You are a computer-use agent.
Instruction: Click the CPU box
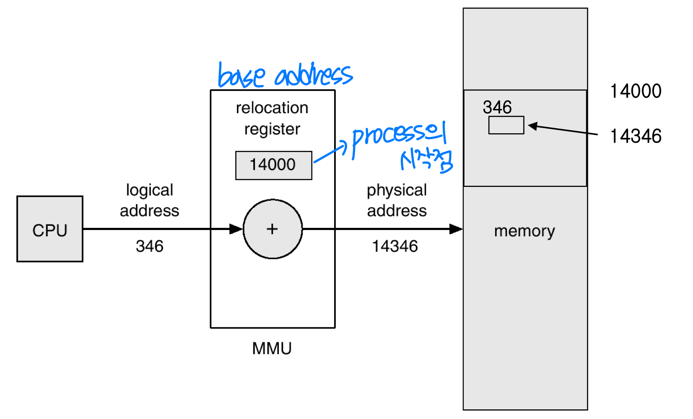click(x=50, y=229)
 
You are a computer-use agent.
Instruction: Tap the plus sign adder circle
click(x=273, y=229)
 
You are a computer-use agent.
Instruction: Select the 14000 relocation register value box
click(x=273, y=165)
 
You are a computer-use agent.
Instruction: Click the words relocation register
click(x=272, y=118)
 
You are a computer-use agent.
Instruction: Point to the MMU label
click(x=272, y=349)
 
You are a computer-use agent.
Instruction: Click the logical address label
click(x=149, y=200)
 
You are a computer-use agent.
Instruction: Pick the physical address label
click(x=397, y=200)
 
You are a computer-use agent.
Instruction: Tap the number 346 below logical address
click(x=149, y=246)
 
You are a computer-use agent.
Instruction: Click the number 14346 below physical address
click(x=395, y=246)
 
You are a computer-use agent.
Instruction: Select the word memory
click(x=524, y=231)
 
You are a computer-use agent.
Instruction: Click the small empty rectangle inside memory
click(x=506, y=125)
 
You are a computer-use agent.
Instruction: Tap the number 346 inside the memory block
click(x=497, y=107)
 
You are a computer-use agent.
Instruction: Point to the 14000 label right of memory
click(x=636, y=91)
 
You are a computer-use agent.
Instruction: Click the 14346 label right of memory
click(x=636, y=137)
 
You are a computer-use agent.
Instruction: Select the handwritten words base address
click(x=285, y=76)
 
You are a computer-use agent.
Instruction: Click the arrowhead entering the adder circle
click(x=236, y=229)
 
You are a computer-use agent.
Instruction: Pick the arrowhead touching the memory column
click(x=456, y=229)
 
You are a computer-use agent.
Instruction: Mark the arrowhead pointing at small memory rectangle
click(x=532, y=126)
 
